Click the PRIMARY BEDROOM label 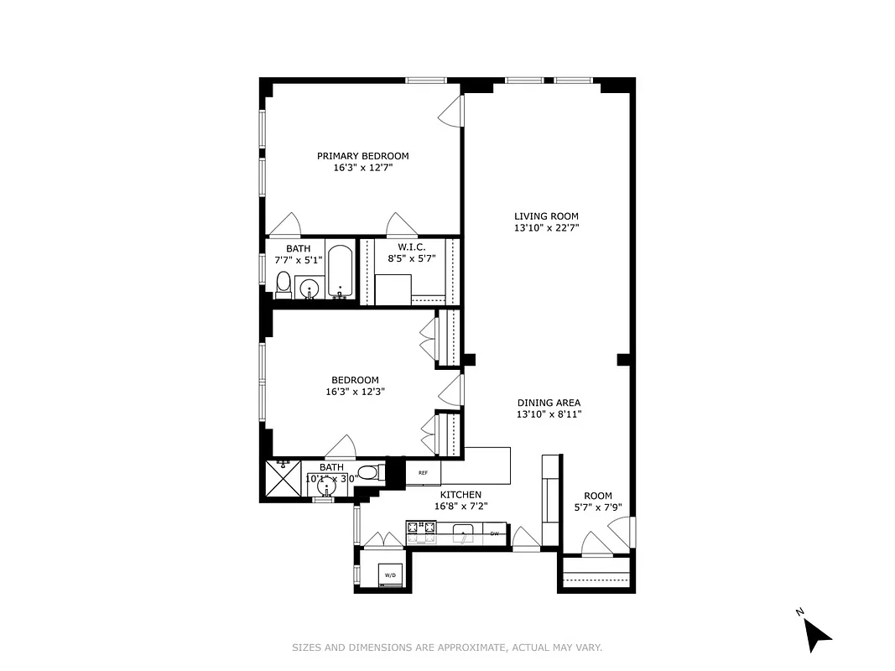click(x=362, y=156)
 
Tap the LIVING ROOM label click(x=546, y=216)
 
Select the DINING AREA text click(x=549, y=403)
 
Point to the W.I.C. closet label click(x=411, y=247)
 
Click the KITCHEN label click(x=461, y=495)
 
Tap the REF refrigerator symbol click(x=423, y=473)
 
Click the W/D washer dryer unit click(x=390, y=575)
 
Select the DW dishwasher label click(x=495, y=533)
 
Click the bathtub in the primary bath click(x=340, y=271)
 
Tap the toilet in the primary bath click(x=284, y=283)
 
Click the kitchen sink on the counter click(x=464, y=533)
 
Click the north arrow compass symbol click(x=815, y=633)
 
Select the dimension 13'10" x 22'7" click(x=546, y=227)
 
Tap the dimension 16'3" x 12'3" click(x=355, y=391)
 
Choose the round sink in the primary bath click(x=310, y=288)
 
